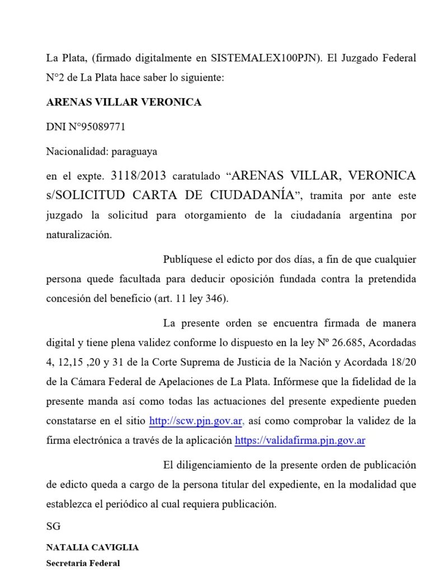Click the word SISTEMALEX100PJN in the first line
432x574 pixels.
(262, 58)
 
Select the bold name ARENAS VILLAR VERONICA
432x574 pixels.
(124, 103)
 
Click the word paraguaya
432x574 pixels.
(134, 151)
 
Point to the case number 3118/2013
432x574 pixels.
(139, 176)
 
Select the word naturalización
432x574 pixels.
(79, 235)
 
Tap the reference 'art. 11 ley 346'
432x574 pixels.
(190, 298)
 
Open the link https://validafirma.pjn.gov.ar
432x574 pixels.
(300, 440)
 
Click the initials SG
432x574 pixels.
(53, 526)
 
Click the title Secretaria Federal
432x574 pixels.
(83, 563)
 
